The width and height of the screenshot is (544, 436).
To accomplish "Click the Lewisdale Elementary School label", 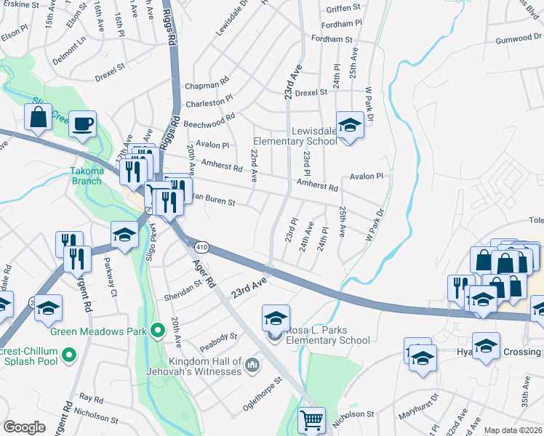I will tap(295, 136).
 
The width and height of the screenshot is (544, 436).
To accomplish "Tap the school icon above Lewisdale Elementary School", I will tap(349, 126).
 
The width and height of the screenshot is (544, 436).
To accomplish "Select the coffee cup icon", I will tap(84, 124).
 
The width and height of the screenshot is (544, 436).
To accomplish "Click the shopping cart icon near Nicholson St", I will tap(311, 420).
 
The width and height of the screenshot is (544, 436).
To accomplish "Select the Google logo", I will tap(24, 427).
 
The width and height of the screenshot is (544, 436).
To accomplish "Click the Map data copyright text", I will tap(513, 430).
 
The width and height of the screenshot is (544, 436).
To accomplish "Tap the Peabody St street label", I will tap(223, 336).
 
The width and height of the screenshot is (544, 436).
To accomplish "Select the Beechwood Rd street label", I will tap(209, 119).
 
